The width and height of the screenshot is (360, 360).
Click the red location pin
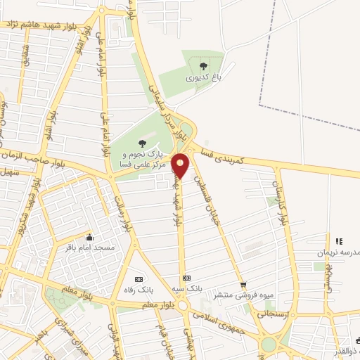pyautogui.click(x=181, y=165)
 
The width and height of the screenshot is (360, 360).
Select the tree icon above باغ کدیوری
pyautogui.click(x=204, y=66)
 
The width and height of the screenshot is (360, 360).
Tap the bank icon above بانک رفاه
pyautogui.click(x=138, y=278)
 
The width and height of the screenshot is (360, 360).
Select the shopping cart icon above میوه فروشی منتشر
pyautogui.click(x=243, y=285)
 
